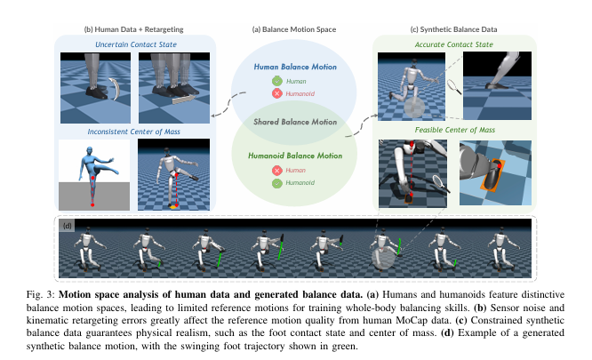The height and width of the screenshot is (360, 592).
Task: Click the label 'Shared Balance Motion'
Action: pos(296,123)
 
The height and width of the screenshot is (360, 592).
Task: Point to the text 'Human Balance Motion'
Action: pos(296,66)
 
